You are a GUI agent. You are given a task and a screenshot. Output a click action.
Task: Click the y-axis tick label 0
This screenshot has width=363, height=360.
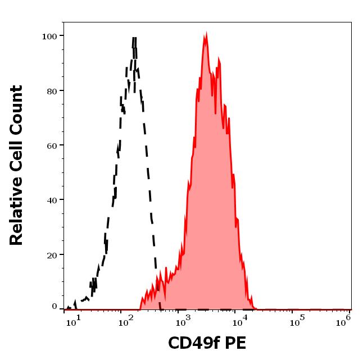(x=55, y=307)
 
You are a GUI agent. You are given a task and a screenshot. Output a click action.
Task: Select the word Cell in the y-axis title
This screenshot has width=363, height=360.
(x=17, y=159)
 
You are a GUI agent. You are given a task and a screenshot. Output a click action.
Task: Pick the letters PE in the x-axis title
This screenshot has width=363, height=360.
(x=235, y=343)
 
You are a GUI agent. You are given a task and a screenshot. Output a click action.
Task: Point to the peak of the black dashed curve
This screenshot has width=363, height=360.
(x=134, y=38)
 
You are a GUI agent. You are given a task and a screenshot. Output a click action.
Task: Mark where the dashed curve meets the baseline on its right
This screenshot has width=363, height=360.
(x=161, y=308)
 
